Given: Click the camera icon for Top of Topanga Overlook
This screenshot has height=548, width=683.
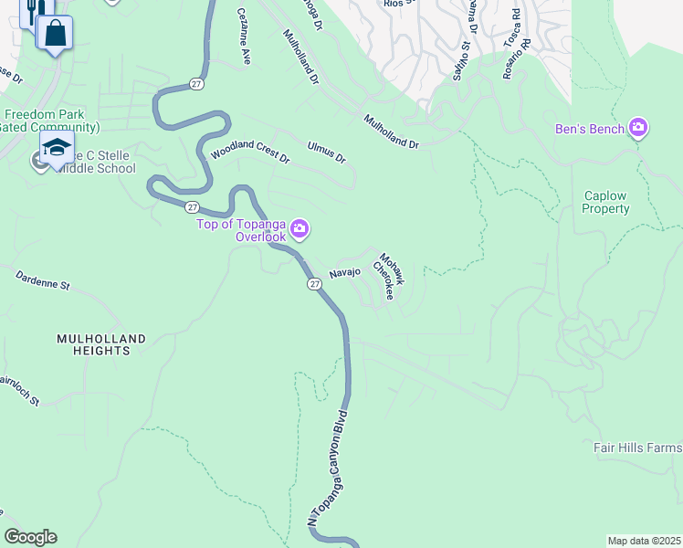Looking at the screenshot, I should click(300, 227).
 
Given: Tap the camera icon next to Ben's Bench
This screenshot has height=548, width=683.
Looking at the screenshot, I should click(637, 129).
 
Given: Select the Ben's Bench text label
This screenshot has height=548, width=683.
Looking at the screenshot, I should click(590, 129).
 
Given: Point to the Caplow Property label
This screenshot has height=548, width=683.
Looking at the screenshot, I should click(606, 203).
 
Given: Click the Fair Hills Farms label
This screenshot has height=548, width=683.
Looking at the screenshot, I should click(637, 448).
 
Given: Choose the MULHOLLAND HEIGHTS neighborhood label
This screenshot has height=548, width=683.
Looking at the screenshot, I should click(100, 344).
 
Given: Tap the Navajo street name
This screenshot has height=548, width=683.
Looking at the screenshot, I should click(345, 272).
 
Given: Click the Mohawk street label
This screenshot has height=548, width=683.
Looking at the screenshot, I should click(392, 268).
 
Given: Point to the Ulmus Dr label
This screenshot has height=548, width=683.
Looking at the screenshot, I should click(327, 152).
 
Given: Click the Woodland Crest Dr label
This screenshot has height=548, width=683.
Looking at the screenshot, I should click(249, 152).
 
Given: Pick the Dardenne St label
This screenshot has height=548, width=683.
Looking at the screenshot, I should click(43, 279).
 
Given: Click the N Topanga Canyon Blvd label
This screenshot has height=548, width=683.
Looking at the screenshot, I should click(328, 472).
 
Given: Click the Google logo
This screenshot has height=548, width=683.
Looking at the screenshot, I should click(30, 537).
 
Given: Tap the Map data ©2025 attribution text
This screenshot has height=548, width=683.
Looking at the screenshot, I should click(644, 540).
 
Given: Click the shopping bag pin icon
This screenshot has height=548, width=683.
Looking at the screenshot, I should click(55, 33).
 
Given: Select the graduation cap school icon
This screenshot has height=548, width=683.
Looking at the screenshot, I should click(57, 147).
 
